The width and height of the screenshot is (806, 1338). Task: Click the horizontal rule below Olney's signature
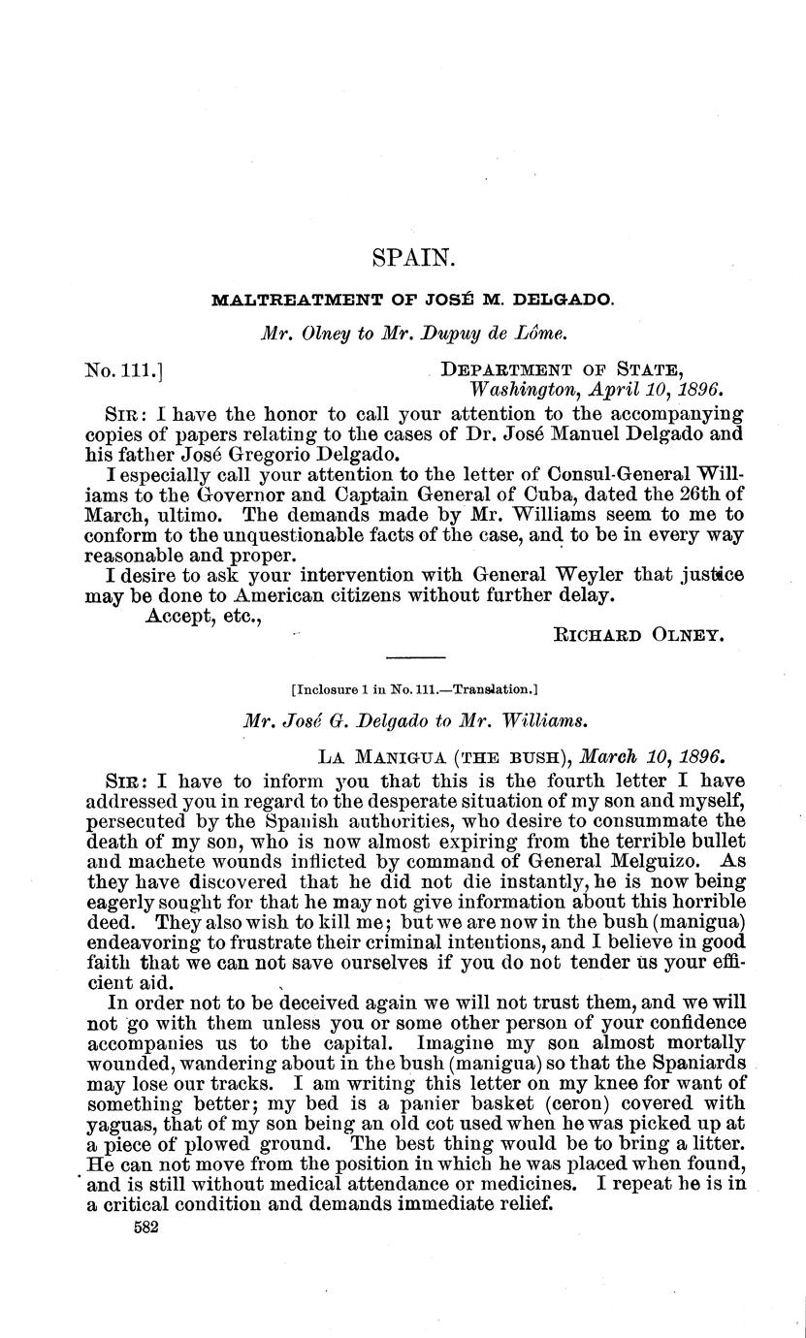(x=415, y=657)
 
